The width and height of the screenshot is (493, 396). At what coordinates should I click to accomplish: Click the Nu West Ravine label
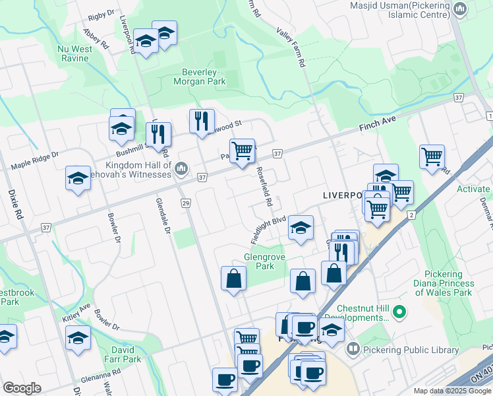point(72,53)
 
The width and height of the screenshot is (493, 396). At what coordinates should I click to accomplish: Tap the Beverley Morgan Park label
point(199,77)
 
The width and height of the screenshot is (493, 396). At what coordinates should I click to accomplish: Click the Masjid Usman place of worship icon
point(459,9)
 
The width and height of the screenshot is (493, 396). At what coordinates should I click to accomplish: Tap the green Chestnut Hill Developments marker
point(398,310)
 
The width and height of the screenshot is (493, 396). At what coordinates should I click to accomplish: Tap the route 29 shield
point(185,202)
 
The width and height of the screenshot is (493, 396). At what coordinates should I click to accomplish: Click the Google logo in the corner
point(22,388)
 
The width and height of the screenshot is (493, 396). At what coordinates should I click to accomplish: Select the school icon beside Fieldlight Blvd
point(301,228)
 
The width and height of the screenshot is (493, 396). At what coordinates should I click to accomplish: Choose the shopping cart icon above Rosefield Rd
point(242,150)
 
